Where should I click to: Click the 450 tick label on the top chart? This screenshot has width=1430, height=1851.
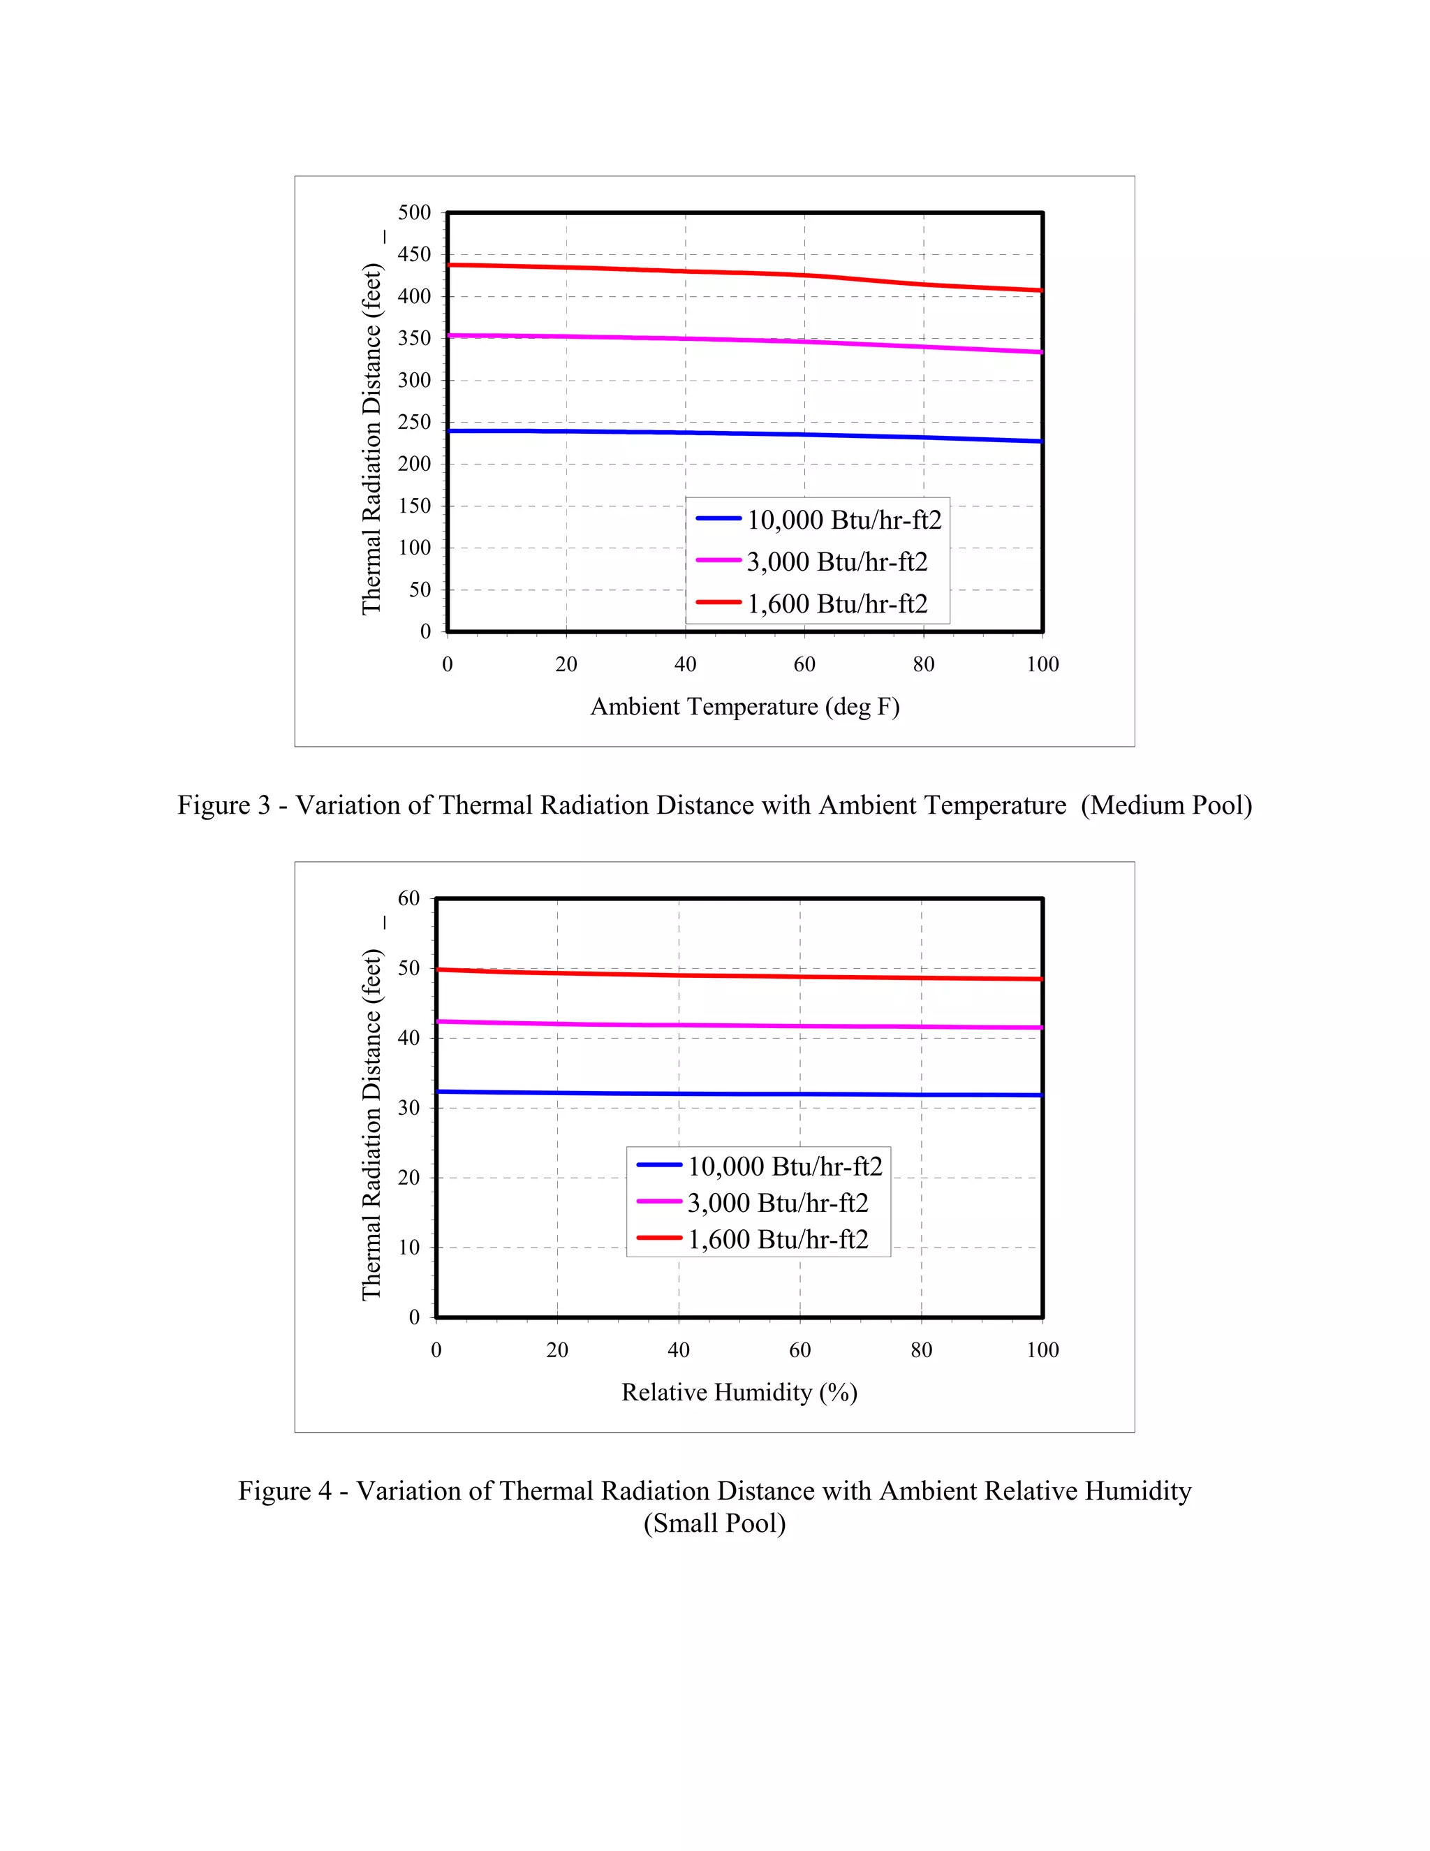click(414, 254)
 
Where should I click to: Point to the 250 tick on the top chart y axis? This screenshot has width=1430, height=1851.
click(414, 422)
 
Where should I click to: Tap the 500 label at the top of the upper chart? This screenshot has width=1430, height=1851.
click(414, 213)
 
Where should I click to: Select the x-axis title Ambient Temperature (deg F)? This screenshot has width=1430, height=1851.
click(744, 707)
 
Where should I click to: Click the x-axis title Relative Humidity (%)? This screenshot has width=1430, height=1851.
click(739, 1393)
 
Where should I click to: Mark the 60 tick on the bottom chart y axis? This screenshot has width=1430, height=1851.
click(408, 898)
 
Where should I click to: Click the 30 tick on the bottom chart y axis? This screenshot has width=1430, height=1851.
click(408, 1108)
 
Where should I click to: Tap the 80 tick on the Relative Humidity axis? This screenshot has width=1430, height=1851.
click(921, 1350)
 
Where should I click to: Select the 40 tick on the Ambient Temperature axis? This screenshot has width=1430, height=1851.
click(686, 664)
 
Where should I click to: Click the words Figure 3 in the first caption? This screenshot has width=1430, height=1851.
click(223, 805)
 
